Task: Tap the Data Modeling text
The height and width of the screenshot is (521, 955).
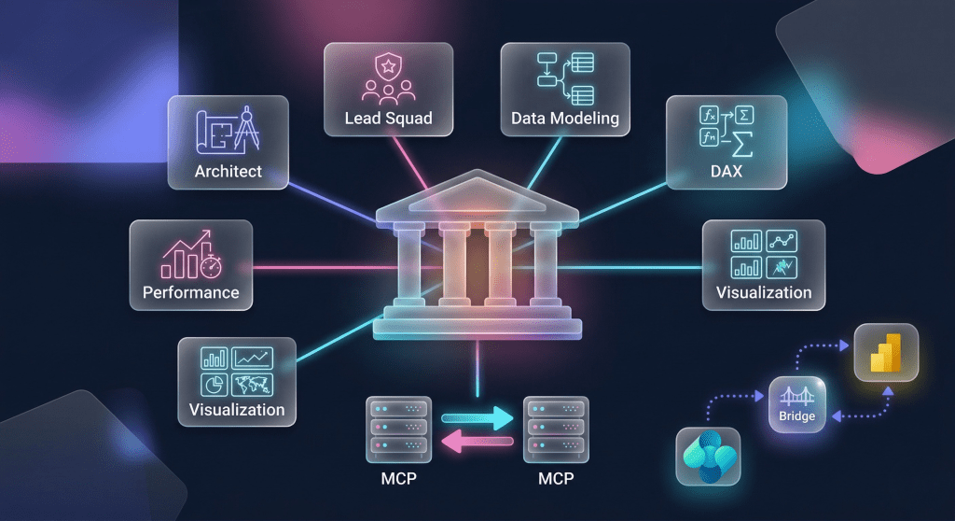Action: coord(564,119)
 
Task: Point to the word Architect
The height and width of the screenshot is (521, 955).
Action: coord(228,172)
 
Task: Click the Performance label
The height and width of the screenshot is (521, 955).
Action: coord(191,292)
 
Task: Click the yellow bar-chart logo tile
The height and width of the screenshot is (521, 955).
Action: coord(886,350)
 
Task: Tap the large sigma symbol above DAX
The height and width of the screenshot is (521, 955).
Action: coord(742,143)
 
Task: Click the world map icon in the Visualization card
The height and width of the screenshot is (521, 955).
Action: coord(253,384)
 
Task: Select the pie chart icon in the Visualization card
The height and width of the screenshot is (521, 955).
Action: coord(215,384)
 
